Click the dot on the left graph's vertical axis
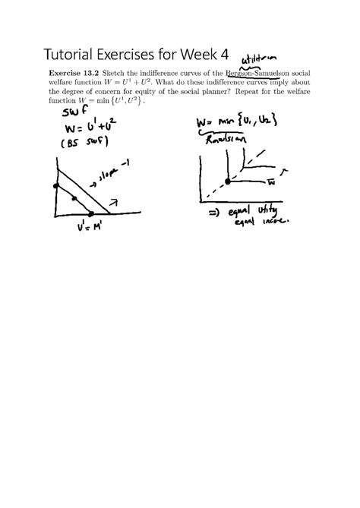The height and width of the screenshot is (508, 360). pos(55,185)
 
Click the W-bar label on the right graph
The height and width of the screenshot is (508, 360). pos(270,183)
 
